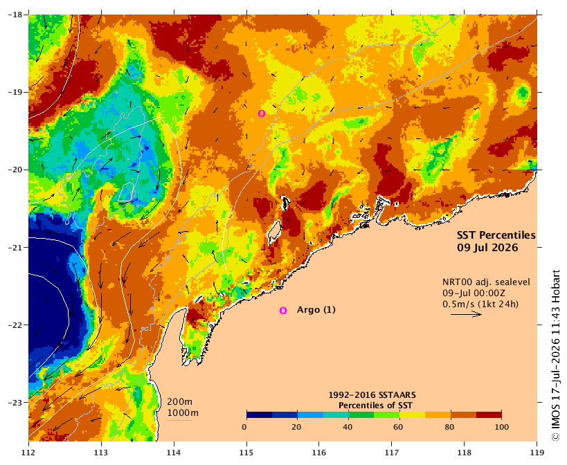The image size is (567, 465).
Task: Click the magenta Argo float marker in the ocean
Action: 262,113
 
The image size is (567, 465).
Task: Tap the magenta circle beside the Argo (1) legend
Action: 282,311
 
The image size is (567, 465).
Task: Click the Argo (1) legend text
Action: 316,310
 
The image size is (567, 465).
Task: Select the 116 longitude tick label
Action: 319,453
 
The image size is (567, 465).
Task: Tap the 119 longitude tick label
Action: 537,453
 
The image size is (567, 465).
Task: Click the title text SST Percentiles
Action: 496,235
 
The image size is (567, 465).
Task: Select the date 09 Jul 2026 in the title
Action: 487,248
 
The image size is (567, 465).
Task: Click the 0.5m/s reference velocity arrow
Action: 466,314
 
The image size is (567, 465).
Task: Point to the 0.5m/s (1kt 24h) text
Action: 480,304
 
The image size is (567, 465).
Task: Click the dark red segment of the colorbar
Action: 489,414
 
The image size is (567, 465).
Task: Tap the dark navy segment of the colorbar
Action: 260,414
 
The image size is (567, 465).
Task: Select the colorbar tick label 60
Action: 398,427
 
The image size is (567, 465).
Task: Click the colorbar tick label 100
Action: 501,427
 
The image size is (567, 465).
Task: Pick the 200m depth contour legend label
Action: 180,402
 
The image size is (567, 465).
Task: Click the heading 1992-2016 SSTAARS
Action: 372,395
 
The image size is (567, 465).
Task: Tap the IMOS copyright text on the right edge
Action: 556,355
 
